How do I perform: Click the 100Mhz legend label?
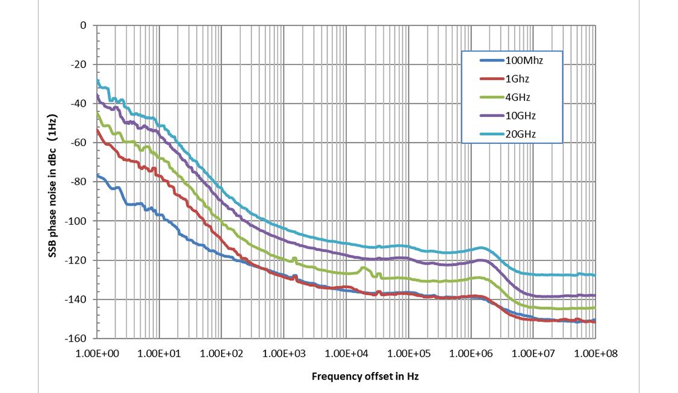pos(525,60)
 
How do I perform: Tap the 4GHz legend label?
pos(518,97)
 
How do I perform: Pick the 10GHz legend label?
pos(521,115)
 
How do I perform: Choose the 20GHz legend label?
pos(521,134)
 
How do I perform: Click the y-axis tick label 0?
pos(84,25)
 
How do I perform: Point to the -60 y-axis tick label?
pos(79,143)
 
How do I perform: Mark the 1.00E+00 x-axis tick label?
pos(98,353)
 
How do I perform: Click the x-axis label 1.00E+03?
pos(284,353)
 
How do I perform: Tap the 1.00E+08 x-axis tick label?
pos(595,353)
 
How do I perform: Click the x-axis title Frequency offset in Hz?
pos(365,377)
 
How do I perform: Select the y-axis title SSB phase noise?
pos(53,186)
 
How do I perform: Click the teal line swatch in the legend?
pos(493,134)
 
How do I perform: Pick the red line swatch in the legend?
pos(493,78)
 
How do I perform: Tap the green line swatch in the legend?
pos(493,97)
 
